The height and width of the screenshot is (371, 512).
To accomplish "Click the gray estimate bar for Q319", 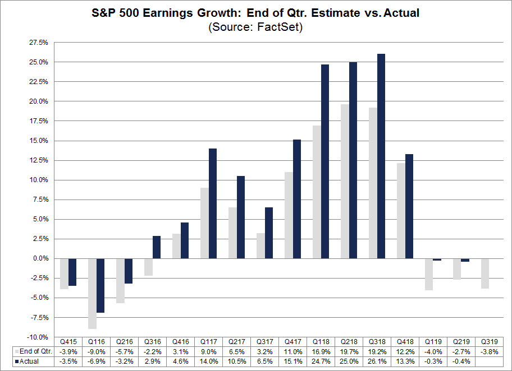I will (x=485, y=273).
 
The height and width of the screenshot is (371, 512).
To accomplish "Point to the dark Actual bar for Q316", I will (x=157, y=247).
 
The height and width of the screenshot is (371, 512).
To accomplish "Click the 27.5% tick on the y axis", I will (x=39, y=43).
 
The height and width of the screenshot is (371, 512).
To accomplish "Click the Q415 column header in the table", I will (x=68, y=341).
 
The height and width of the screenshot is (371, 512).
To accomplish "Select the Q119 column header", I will (x=433, y=341).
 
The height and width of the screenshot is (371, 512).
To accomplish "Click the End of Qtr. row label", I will (x=33, y=351).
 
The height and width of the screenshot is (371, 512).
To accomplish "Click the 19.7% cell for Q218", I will (x=349, y=351).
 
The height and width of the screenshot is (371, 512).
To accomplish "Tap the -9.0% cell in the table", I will (x=97, y=351).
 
